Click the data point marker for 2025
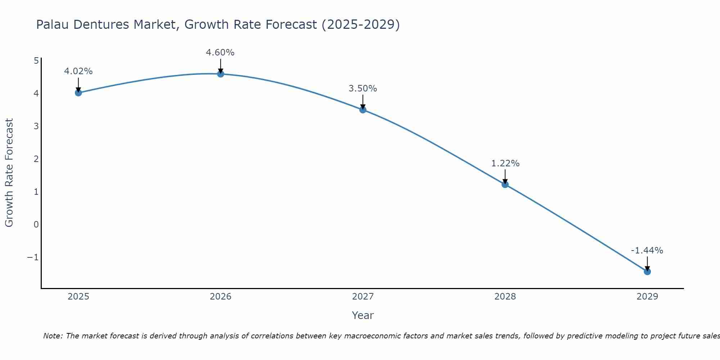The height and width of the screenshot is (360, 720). (78, 93)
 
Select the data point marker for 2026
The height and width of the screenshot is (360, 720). (221, 74)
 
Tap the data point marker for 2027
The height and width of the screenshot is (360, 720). (363, 110)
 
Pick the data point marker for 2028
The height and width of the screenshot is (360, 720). (505, 184)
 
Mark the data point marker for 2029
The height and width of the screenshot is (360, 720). (647, 271)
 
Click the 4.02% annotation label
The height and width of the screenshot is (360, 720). (78, 71)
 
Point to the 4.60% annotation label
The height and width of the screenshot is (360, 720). (220, 53)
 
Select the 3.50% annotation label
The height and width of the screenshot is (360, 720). (363, 89)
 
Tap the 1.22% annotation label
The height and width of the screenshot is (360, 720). (505, 163)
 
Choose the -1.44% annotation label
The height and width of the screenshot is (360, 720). (647, 251)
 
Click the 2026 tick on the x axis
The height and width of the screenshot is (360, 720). (221, 297)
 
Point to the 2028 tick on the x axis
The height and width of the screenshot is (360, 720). (505, 297)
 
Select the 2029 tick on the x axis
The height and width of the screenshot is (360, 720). (647, 297)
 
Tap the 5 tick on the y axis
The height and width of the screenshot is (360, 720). (36, 60)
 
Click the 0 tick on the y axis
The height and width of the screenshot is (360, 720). (36, 224)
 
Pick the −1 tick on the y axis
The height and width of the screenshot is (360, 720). (33, 257)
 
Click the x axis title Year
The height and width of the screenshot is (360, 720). (363, 315)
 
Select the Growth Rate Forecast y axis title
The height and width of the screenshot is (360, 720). (9, 173)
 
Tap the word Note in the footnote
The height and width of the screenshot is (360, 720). (53, 336)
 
